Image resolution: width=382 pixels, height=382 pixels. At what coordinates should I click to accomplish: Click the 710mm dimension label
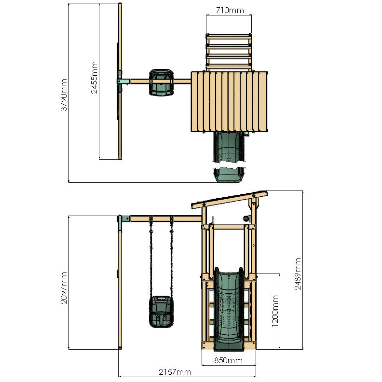coord(229,10)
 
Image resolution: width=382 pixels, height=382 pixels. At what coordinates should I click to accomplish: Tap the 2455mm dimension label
coord(94,77)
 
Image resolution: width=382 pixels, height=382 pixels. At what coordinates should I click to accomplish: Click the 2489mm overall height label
coord(298,273)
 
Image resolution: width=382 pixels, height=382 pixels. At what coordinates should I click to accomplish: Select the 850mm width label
coord(228,360)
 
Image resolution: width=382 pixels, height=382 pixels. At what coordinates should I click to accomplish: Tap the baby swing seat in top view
coord(161,82)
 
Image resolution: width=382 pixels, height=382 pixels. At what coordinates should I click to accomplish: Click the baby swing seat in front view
coord(160,312)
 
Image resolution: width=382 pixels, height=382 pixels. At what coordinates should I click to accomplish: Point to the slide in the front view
coord(227,309)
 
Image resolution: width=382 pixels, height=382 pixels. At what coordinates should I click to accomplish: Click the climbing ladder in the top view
coord(229,52)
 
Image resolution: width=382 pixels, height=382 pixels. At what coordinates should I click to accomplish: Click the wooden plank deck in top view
coord(229,101)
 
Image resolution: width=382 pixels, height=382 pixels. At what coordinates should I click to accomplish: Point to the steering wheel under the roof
coord(247,219)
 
